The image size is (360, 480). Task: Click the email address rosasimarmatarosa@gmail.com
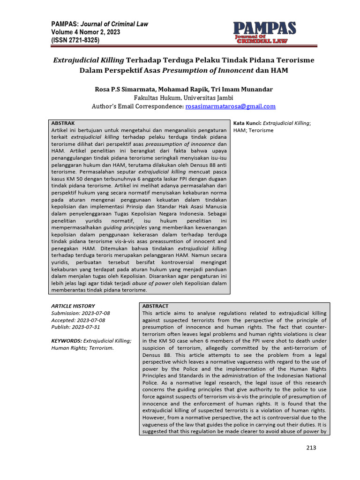pos(230,107)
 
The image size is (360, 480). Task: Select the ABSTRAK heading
pos(63,122)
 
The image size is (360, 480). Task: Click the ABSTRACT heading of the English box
pos(155,306)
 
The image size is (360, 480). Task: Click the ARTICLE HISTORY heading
pos(73,306)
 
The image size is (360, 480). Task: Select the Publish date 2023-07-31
pos(75,327)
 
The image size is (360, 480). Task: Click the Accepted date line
pos(78,320)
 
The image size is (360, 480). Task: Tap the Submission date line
pos(81,313)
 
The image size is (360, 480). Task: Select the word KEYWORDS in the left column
pos(66,341)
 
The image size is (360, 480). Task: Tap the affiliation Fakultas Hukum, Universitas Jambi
pos(180,98)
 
